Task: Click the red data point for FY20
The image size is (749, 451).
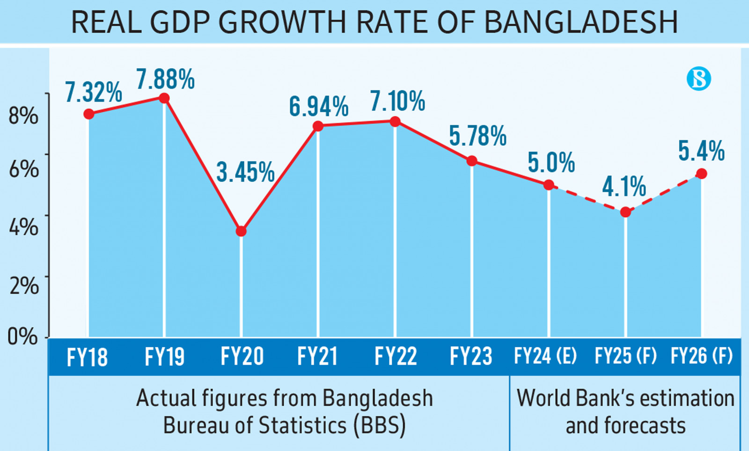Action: point(241,231)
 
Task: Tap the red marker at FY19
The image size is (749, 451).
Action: point(164,98)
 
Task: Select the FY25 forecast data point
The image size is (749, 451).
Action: point(625,212)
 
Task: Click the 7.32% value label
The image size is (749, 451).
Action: point(93,92)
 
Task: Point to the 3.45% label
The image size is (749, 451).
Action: point(245,172)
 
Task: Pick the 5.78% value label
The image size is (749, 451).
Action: point(477,136)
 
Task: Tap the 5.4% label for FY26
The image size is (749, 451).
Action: point(701,151)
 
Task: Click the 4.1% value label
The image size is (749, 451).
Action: point(624,187)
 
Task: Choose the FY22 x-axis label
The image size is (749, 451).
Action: point(396,357)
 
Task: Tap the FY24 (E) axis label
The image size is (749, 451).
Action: point(545,356)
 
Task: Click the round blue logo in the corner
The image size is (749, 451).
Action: point(698,79)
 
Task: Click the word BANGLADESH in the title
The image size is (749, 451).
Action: point(580,22)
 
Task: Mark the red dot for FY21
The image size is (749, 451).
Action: point(318,126)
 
